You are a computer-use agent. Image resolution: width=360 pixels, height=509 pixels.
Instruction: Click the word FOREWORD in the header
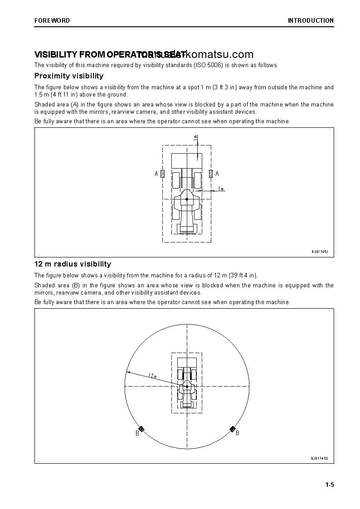pos(52,20)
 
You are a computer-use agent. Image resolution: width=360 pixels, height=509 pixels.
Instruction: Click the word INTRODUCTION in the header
pos(311,20)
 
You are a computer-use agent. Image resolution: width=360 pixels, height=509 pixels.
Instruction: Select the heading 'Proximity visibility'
pos(69,76)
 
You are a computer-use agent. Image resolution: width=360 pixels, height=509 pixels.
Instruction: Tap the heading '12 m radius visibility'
pos(73,264)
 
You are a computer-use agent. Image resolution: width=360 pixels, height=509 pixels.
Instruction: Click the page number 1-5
pos(329,485)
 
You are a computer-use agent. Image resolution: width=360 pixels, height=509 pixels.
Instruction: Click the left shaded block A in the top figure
pos(163,174)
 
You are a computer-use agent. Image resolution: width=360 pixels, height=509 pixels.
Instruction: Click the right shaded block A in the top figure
pos(211,174)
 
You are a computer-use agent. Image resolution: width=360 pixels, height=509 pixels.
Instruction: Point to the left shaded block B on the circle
pos(141,429)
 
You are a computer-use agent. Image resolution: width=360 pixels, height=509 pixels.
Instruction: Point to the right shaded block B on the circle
pos(233,429)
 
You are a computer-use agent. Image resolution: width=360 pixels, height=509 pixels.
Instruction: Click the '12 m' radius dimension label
pos(152,375)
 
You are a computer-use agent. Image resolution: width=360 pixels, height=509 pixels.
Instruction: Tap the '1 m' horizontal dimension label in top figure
pos(220,188)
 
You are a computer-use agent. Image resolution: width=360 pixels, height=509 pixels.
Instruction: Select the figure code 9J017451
pos(319,252)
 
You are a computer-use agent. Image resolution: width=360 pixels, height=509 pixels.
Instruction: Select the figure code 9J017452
pos(319,458)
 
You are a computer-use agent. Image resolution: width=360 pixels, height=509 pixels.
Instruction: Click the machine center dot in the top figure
pos(187,199)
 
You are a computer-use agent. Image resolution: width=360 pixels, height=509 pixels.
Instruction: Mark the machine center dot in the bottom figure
pos(187,387)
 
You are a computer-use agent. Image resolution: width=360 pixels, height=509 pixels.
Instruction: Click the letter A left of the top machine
pos(156,174)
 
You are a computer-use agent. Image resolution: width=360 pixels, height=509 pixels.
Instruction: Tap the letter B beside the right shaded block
pos(238,433)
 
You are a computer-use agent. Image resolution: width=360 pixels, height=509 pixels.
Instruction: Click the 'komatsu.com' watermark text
pos(219,54)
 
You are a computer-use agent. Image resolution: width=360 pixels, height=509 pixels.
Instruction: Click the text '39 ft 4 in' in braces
pos(242,275)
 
